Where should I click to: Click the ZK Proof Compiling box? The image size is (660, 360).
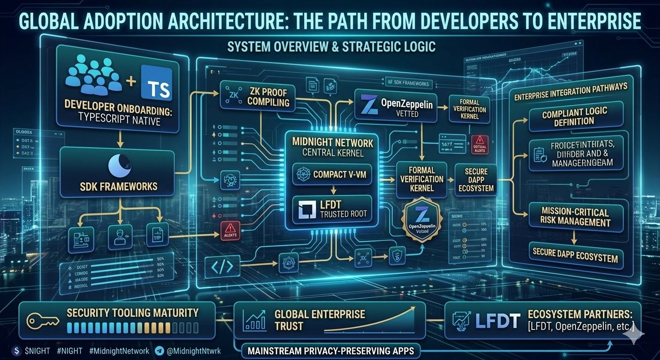tap(258, 97)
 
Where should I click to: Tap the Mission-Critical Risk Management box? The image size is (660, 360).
tap(575, 217)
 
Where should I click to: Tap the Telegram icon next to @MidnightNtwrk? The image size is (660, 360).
tap(159, 351)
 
